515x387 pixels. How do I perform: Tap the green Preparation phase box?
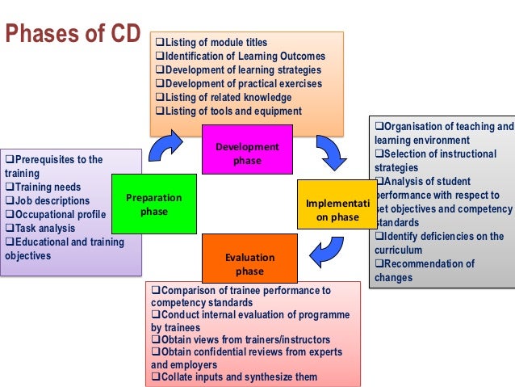point(153,204)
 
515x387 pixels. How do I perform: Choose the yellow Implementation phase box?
point(338,209)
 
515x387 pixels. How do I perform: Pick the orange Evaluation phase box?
point(249,263)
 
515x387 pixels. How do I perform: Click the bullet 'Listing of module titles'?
point(215,42)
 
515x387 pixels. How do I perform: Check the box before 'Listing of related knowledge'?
point(159,97)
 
